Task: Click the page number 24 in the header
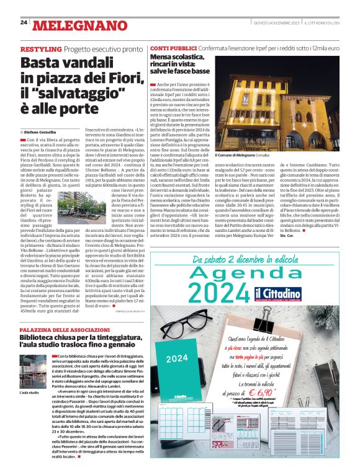point(24,22)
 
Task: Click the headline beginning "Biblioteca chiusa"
point(93,340)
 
